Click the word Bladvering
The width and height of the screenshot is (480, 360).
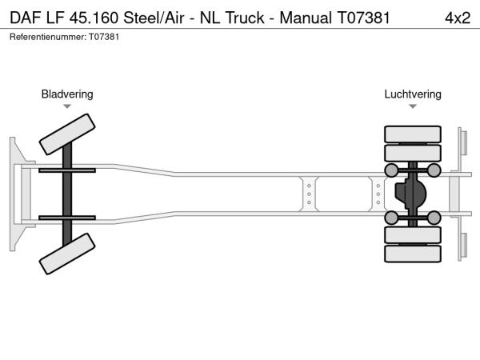click(67, 94)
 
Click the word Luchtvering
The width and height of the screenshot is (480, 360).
click(412, 94)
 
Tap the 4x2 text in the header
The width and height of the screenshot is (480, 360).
click(457, 17)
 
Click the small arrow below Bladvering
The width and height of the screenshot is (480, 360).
click(67, 106)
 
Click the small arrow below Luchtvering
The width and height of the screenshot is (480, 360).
click(412, 106)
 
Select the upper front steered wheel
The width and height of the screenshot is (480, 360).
click(68, 134)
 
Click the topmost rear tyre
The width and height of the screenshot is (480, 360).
click(412, 134)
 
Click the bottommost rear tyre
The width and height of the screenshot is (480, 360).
click(412, 254)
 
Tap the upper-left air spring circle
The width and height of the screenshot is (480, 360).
click(391, 170)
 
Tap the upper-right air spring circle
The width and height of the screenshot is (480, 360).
click(434, 170)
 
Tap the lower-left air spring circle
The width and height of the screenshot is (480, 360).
click(391, 218)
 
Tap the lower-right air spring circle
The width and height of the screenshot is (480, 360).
click(434, 218)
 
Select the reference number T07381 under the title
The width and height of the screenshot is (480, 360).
click(104, 37)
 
